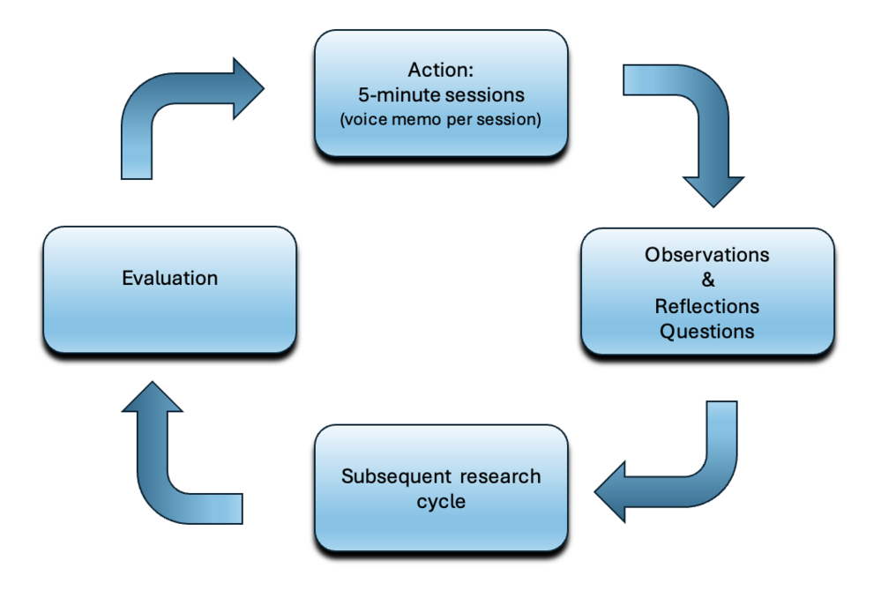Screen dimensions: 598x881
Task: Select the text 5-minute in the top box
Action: point(392,95)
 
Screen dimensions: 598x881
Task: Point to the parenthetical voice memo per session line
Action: point(440,119)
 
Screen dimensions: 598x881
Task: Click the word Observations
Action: point(706,255)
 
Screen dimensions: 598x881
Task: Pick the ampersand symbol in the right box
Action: point(706,280)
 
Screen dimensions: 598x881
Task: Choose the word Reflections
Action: point(706,306)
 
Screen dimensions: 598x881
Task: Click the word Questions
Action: point(706,332)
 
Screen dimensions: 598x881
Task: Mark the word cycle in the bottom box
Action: point(440,501)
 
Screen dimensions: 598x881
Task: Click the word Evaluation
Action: point(169,279)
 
